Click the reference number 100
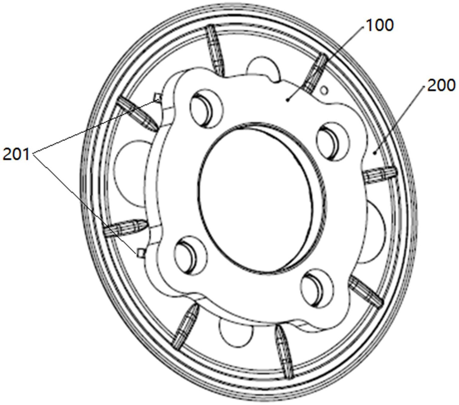pyautogui.click(x=379, y=25)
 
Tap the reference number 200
pyautogui.click(x=441, y=86)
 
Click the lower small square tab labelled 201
pyautogui.click(x=140, y=252)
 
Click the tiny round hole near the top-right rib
pyautogui.click(x=325, y=89)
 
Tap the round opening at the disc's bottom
pyautogui.click(x=236, y=332)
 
